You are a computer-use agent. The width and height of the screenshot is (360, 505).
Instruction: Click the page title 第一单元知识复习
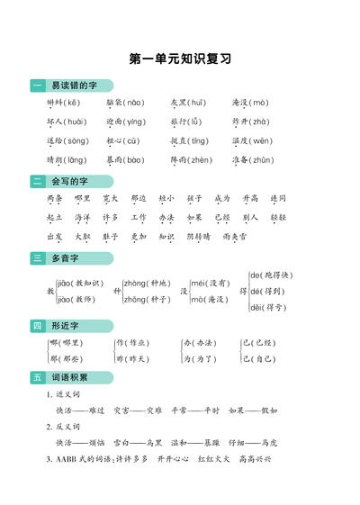coord(180,59)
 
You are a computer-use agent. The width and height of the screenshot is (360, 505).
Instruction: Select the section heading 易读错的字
coord(74,86)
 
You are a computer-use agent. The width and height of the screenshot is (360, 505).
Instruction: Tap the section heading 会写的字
coord(70,181)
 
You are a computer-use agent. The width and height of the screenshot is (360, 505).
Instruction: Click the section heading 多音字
coord(66,258)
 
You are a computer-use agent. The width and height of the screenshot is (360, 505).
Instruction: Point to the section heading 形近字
coord(66,325)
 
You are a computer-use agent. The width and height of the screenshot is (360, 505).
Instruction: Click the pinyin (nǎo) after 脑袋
coord(132,103)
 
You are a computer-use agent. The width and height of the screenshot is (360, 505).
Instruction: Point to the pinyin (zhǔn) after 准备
coord(262,159)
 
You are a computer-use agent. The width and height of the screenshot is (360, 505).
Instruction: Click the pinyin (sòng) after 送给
coord(76,140)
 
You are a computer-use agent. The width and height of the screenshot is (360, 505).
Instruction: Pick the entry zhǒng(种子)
coord(146,299)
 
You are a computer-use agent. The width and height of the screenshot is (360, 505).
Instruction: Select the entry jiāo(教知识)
coord(79,283)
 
